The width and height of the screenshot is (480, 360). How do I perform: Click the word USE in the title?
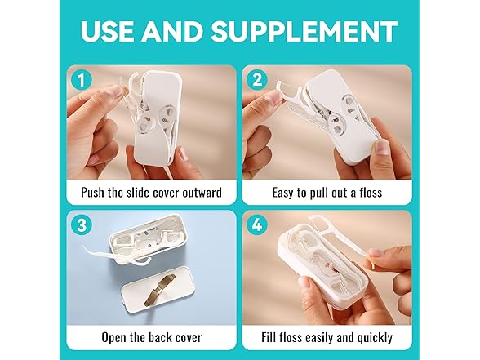(107, 31)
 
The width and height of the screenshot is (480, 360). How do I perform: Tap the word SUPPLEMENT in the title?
(304, 31)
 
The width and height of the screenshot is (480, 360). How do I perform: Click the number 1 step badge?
(81, 80)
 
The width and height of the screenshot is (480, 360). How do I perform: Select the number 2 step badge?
(257, 80)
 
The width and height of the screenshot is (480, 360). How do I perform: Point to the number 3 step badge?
(81, 225)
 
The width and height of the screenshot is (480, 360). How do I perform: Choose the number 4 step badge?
(257, 225)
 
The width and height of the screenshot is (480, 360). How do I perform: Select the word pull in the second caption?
(317, 193)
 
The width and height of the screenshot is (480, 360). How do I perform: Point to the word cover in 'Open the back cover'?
(187, 338)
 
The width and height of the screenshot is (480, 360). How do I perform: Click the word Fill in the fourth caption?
(269, 337)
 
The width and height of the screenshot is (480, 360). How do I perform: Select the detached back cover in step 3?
(158, 290)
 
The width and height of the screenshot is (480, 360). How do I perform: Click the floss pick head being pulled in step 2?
(289, 88)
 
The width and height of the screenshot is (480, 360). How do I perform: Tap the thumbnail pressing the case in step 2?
(382, 147)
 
